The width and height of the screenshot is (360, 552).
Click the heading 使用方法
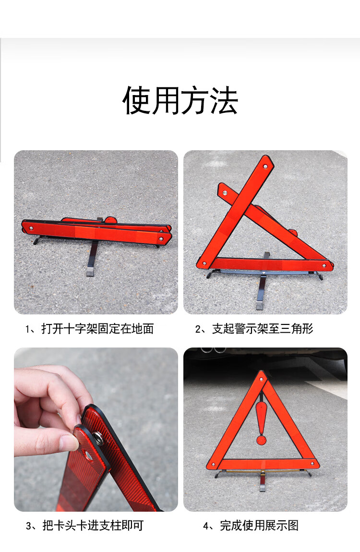tap(180, 100)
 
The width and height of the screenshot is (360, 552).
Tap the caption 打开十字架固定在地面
tap(97, 328)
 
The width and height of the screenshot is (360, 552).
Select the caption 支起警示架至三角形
tap(263, 328)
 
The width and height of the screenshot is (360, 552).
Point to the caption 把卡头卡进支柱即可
tap(93, 525)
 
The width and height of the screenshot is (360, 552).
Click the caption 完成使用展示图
tap(259, 525)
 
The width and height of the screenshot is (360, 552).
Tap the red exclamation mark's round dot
tap(261, 440)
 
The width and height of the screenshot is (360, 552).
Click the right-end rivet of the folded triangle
tap(161, 239)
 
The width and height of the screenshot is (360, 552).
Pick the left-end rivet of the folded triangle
tap(31, 228)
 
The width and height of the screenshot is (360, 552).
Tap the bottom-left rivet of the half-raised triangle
tap(204, 264)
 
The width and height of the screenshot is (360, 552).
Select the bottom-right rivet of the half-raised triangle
tap(324, 265)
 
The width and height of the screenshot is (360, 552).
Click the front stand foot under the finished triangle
tap(263, 488)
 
